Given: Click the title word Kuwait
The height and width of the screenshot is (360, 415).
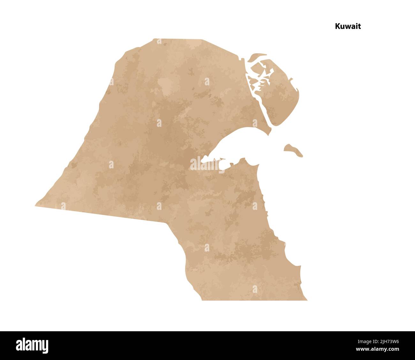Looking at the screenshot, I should [x=348, y=27].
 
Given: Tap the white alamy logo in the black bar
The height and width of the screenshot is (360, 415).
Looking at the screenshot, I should [x=32, y=345].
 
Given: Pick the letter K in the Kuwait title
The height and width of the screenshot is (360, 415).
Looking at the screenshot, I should [x=337, y=27].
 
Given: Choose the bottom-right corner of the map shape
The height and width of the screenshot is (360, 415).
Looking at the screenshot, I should [x=306, y=300].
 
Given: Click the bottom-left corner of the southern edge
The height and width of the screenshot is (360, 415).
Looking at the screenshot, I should [x=202, y=300].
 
